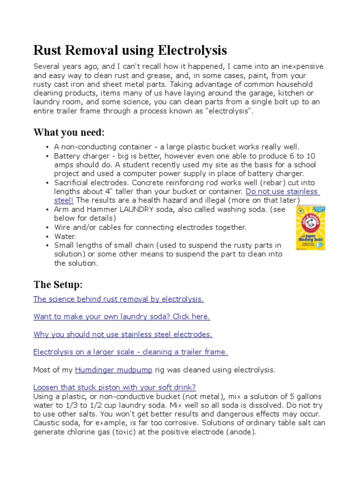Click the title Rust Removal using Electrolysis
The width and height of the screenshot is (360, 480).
pyautogui.click(x=130, y=50)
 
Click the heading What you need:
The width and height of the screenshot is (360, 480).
pyautogui.click(x=69, y=132)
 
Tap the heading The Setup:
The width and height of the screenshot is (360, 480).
pyautogui.click(x=58, y=285)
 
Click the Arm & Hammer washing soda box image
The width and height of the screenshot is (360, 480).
pyautogui.click(x=310, y=227)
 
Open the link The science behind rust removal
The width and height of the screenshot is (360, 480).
pyautogui.click(x=119, y=299)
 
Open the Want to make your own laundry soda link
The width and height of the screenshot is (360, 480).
pyautogui.click(x=121, y=316)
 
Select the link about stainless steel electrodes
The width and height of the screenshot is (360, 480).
pyautogui.click(x=123, y=334)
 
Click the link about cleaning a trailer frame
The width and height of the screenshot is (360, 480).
pyautogui.click(x=131, y=352)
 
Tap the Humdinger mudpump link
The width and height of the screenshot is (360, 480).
pyautogui.click(x=113, y=370)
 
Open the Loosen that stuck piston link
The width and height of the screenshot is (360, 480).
pyautogui.click(x=114, y=387)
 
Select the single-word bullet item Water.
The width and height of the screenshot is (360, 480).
pyautogui.click(x=65, y=236)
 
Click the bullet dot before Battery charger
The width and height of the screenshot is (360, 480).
pyautogui.click(x=48, y=156)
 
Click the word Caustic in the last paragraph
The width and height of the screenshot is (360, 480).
pyautogui.click(x=46, y=423)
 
